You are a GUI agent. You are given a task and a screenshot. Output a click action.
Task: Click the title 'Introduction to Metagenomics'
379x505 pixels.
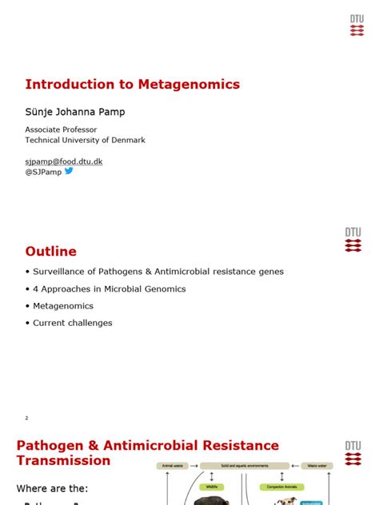click(x=132, y=84)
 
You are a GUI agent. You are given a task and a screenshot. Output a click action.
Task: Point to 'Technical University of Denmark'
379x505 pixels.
click(x=85, y=140)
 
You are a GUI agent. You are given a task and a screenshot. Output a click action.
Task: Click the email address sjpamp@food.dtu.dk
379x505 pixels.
click(x=64, y=161)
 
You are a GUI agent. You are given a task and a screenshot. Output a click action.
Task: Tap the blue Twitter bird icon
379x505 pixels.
click(x=69, y=171)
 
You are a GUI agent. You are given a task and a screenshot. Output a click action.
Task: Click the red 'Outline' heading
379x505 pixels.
click(x=51, y=251)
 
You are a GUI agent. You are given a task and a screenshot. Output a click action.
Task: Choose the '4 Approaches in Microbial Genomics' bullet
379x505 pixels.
click(x=110, y=288)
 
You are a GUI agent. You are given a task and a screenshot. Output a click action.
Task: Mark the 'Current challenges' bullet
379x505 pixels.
click(x=72, y=323)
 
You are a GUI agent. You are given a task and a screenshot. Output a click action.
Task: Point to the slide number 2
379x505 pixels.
click(x=26, y=418)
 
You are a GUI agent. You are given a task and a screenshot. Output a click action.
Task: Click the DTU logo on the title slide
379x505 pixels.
click(x=355, y=25)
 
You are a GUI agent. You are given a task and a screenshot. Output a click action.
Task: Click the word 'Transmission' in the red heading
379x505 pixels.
click(x=63, y=460)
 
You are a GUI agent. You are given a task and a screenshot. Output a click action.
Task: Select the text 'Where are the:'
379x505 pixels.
click(x=52, y=487)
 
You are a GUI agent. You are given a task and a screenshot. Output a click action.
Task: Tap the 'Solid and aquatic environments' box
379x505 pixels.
click(x=245, y=465)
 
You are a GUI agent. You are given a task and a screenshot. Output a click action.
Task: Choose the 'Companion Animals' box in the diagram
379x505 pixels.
click(x=279, y=484)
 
